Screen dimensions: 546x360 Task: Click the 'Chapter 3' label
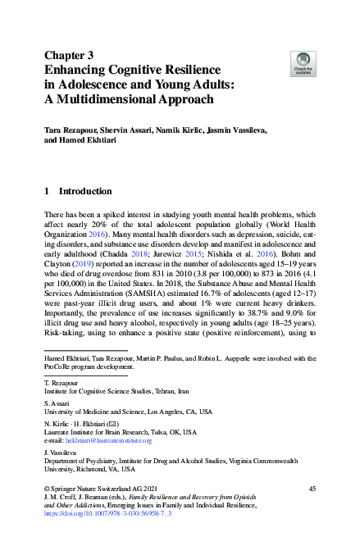pyautogui.click(x=71, y=55)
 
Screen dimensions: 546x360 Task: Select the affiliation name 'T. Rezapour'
pyautogui.click(x=62, y=383)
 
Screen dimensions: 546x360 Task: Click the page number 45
pyautogui.click(x=312, y=489)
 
